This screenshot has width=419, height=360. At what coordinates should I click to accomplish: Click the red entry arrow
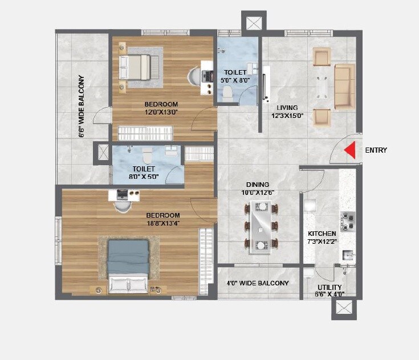coord(351,150)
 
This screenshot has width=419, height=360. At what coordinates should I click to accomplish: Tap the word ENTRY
coord(376,150)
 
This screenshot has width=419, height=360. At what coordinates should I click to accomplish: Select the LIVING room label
coord(287,112)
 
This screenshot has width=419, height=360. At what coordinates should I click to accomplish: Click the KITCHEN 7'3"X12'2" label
coord(322,238)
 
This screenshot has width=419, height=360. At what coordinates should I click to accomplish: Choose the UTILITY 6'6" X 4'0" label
coord(329,291)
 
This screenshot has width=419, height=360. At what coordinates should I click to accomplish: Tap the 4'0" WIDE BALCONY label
coord(258,283)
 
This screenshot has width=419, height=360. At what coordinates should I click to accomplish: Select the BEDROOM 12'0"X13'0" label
coord(161,108)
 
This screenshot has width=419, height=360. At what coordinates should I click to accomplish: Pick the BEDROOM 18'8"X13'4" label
coord(162,219)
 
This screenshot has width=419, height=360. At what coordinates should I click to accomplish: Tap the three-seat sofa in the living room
coord(344,87)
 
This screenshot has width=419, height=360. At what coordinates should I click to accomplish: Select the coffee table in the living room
coord(322,87)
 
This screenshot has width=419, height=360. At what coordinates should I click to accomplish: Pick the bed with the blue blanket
coord(129,265)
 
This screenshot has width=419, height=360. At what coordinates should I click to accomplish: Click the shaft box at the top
coord(253,23)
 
